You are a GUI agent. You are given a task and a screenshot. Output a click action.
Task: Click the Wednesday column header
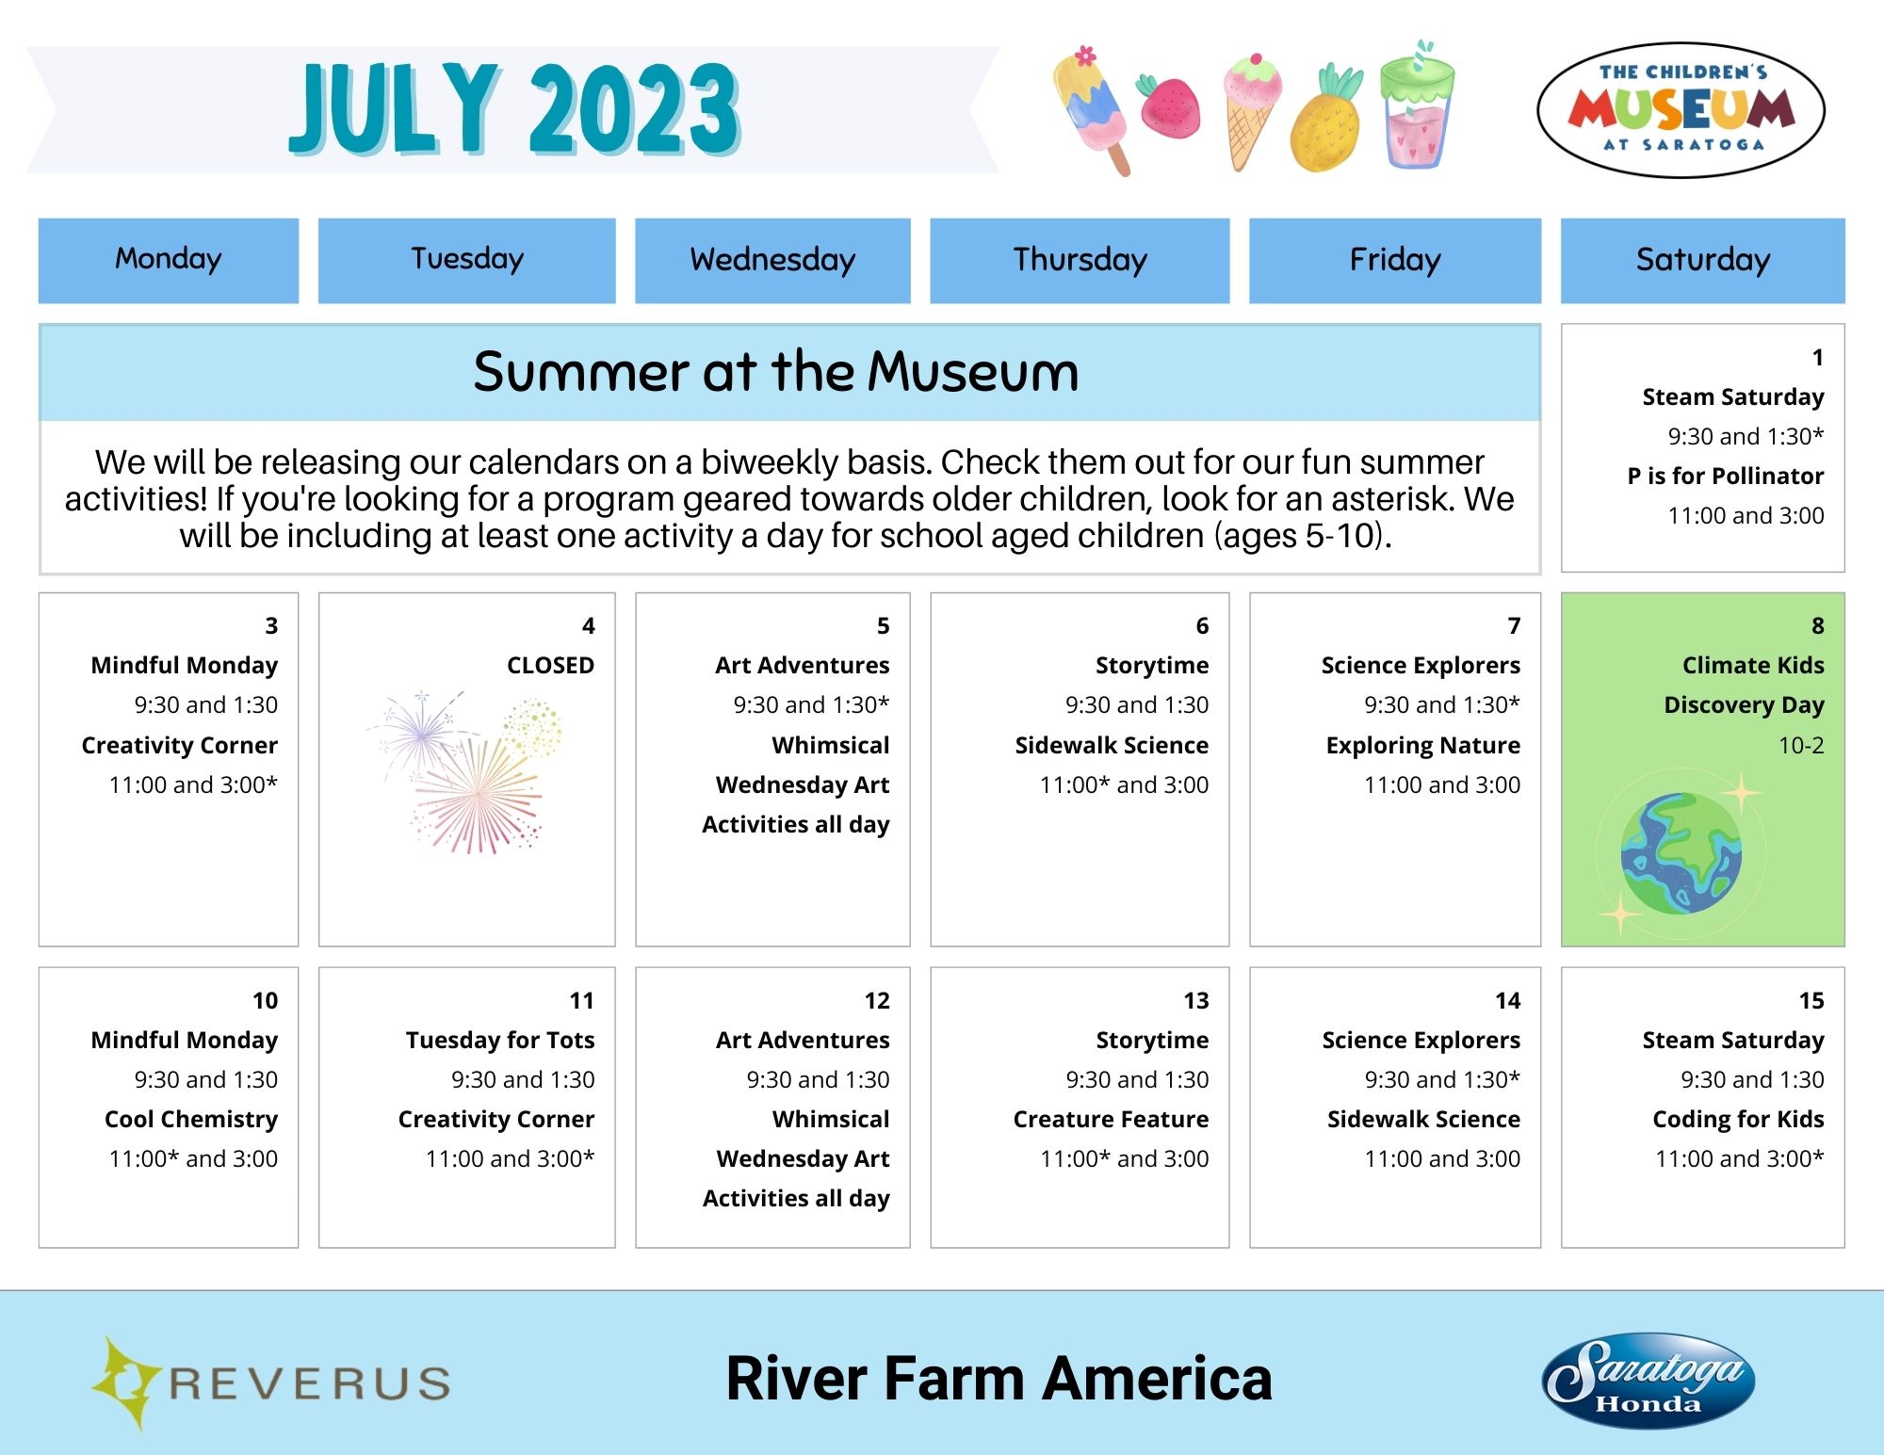click(772, 260)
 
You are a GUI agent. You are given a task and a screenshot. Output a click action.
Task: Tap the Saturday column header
click(1702, 260)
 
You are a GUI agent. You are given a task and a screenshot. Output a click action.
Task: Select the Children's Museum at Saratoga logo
click(1681, 110)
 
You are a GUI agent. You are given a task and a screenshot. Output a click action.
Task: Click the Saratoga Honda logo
click(1648, 1381)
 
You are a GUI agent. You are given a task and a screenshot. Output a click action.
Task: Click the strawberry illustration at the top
click(1169, 105)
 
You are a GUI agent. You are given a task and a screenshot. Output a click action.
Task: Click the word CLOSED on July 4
click(550, 666)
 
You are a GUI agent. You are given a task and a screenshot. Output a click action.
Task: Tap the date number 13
click(1195, 1000)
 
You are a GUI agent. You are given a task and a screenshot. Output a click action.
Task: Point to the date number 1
click(1817, 358)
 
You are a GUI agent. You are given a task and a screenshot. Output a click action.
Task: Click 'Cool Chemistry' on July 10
click(191, 1119)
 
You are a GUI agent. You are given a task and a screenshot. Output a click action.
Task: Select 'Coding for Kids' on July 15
click(1738, 1119)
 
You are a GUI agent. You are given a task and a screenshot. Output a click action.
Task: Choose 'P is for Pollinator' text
click(1725, 476)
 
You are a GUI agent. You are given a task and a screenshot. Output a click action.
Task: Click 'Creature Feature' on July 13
click(1111, 1119)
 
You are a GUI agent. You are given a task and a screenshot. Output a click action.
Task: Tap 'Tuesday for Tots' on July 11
click(500, 1040)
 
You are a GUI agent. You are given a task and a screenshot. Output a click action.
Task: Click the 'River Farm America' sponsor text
click(999, 1379)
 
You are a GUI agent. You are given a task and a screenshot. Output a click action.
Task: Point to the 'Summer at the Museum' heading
click(775, 372)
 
